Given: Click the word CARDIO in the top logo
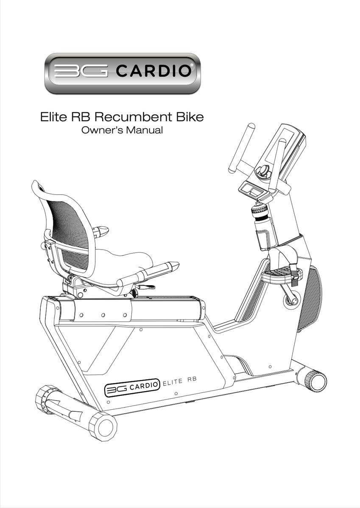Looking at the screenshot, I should click(x=153, y=71).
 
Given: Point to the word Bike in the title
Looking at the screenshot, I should click(x=190, y=117).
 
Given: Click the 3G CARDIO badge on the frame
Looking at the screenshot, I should click(x=132, y=387).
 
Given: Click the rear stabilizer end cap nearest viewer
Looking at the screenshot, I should click(x=103, y=426).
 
